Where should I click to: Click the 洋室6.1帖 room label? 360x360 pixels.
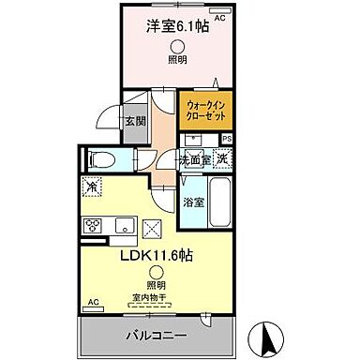[176, 28]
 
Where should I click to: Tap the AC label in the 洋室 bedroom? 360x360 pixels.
[220, 18]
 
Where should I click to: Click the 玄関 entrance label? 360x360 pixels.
[135, 122]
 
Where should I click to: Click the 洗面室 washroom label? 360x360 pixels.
[197, 158]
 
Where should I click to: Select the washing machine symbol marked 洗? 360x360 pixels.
[221, 158]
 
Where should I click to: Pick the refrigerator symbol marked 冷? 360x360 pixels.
[94, 186]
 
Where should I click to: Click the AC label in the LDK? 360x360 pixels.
[93, 302]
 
